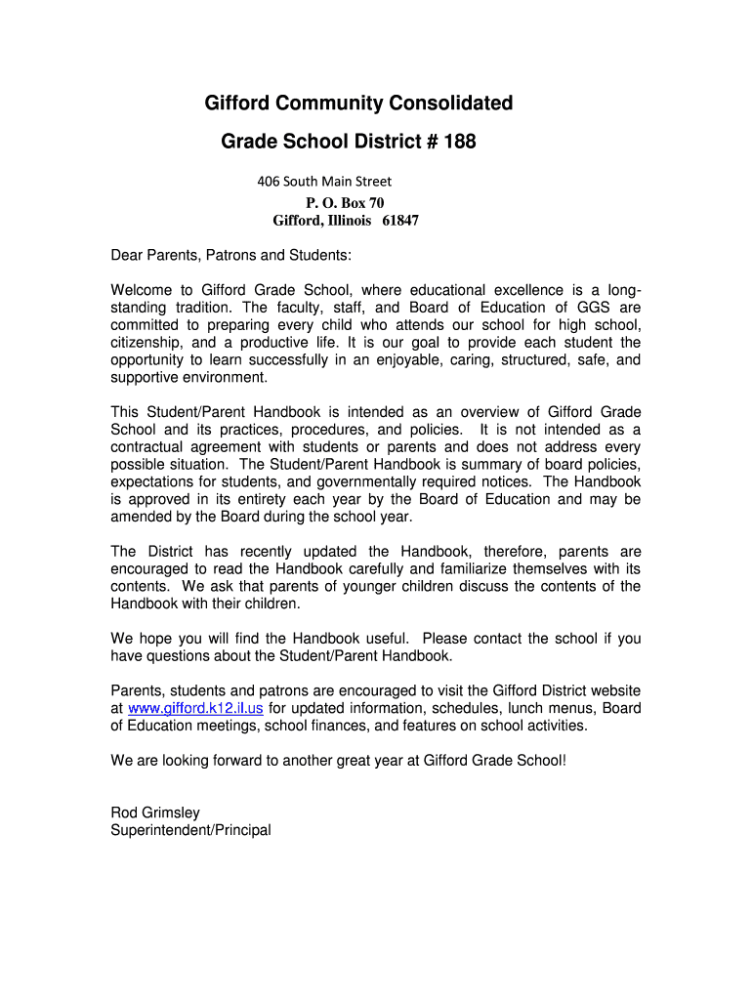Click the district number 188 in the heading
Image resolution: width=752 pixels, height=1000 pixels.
tap(459, 143)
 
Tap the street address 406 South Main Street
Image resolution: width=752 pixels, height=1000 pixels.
tap(324, 182)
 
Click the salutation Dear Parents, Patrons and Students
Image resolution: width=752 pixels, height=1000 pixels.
tap(230, 256)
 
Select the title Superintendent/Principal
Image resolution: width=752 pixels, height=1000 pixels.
tap(190, 831)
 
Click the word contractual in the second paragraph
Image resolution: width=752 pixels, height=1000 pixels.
tap(148, 447)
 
